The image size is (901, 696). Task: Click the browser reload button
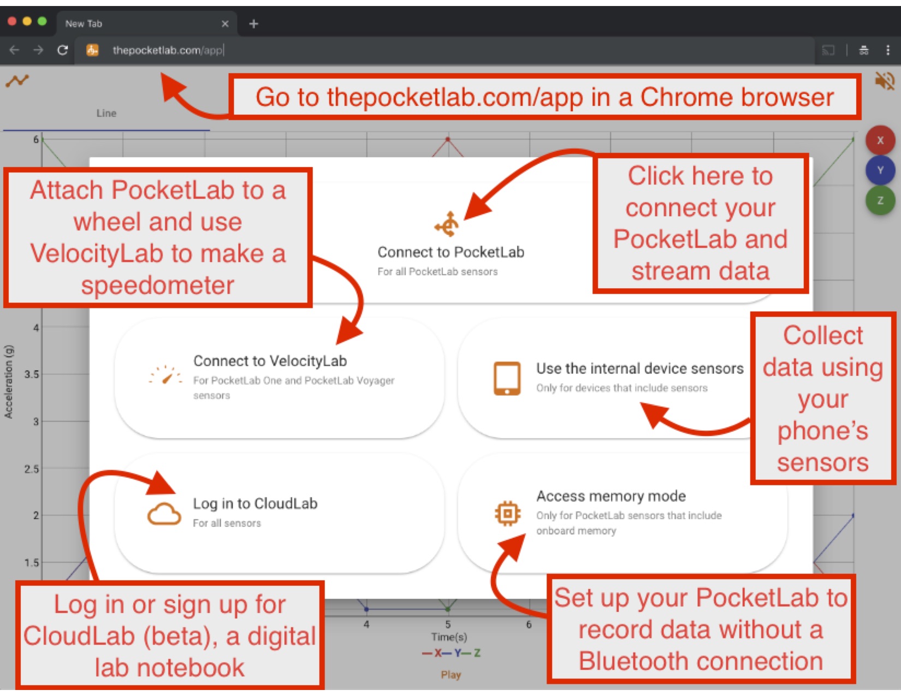pos(63,50)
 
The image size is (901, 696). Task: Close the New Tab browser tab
pos(225,23)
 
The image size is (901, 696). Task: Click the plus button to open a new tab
pos(254,23)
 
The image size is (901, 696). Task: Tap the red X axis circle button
pos(880,140)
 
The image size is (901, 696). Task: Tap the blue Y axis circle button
pos(880,170)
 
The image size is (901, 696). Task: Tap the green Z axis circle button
pos(880,201)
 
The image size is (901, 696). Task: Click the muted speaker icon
pos(885,80)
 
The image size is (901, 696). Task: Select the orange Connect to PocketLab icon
pos(447,224)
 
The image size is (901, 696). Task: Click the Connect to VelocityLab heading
pos(270,361)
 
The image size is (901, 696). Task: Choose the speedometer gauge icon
pos(165,375)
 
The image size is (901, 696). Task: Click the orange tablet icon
pos(507,378)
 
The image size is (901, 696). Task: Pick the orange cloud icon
pos(164,514)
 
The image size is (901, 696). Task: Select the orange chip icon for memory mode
pos(507,514)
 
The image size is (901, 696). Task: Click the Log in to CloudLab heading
pos(255,503)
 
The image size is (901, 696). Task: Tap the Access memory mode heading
pos(610,496)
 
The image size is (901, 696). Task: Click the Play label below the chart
pos(450,675)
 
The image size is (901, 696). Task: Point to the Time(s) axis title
pos(449,636)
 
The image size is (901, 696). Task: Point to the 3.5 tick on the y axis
pos(32,374)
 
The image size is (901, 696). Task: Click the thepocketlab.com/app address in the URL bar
pos(168,50)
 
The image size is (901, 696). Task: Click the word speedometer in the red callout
pos(158,285)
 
